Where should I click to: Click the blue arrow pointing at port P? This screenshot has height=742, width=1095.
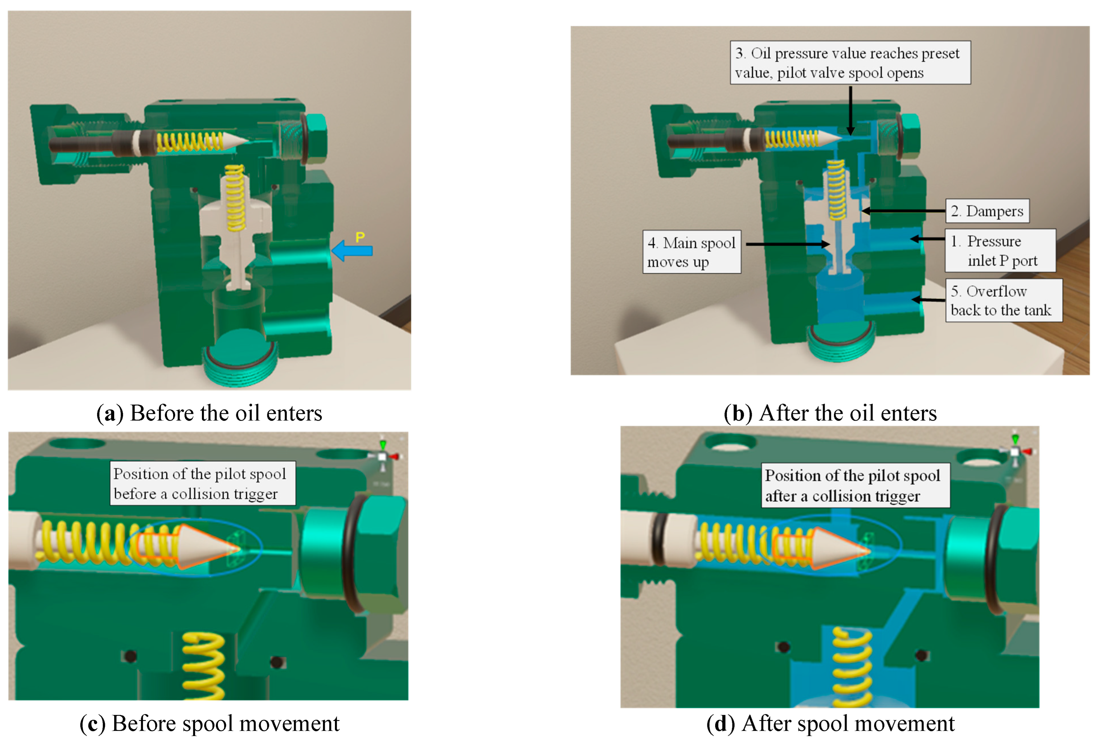(x=352, y=251)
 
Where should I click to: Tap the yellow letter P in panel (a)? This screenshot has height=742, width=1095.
(x=360, y=237)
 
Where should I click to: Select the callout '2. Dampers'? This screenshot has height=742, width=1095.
(x=987, y=211)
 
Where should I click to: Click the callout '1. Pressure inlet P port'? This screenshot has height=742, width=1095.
(x=1000, y=251)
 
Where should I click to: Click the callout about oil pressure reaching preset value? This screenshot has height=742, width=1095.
(x=850, y=63)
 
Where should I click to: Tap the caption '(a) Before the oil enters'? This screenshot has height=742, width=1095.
(x=209, y=413)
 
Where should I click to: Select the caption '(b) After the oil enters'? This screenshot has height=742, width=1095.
(x=830, y=413)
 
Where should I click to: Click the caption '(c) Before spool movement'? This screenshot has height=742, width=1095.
(x=209, y=723)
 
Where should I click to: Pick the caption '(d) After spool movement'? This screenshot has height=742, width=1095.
(x=830, y=723)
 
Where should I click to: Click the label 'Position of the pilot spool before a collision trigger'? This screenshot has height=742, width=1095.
(x=203, y=483)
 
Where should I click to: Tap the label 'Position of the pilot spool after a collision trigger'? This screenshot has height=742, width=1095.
(x=855, y=485)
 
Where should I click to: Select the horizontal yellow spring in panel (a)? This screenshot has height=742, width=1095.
(x=189, y=142)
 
